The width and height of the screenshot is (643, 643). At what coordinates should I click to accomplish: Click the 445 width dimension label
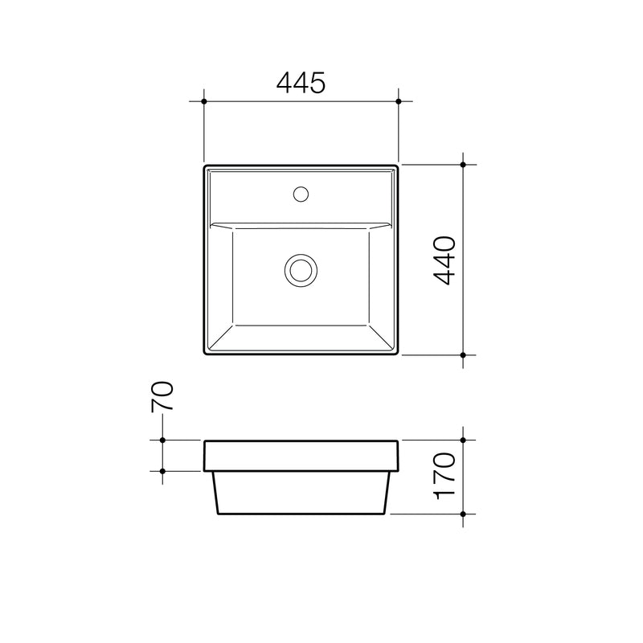pos(301,82)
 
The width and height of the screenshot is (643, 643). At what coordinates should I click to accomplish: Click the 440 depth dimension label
pos(444,260)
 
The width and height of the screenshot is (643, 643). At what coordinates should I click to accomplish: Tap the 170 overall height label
pos(444,477)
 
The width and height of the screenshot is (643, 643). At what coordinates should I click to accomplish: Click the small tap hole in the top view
pos(301,193)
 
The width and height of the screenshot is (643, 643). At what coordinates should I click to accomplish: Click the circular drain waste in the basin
pos(301,269)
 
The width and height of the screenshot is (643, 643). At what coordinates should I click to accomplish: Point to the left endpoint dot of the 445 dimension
pos(204,102)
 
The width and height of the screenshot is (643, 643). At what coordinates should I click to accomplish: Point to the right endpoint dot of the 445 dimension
pos(399,102)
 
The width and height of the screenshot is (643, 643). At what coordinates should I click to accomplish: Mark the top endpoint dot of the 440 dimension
pos(464,164)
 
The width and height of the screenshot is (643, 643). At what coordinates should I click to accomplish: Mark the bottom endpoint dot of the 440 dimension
pos(464,354)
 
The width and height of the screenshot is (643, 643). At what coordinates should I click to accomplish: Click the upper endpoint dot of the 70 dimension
pos(163,440)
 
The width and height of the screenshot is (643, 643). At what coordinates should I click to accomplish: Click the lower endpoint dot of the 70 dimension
pos(163,470)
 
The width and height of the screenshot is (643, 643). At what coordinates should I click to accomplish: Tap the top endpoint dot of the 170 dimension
pos(464,440)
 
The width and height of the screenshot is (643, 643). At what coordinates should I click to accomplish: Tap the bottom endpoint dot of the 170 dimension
pos(464,514)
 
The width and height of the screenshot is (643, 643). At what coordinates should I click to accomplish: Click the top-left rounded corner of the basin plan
pos(207,169)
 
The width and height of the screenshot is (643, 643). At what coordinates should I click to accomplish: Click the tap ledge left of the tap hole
pos(249,195)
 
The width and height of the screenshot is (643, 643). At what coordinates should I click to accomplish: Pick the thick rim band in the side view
pos(301,455)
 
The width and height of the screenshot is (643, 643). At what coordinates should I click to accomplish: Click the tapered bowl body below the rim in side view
pos(301,492)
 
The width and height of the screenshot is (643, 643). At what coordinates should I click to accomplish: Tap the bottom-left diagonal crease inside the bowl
pos(221,337)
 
